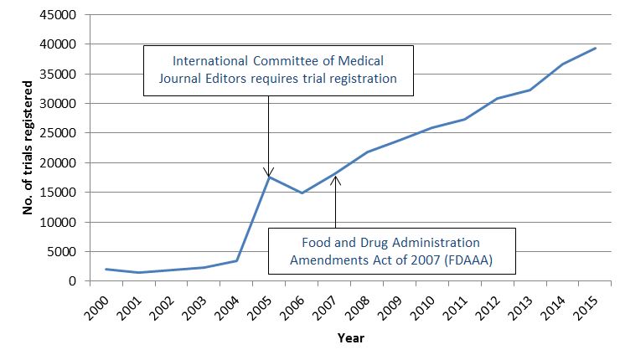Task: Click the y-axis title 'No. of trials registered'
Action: (x=28, y=147)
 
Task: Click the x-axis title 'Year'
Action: (x=350, y=338)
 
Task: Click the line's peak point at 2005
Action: (x=268, y=177)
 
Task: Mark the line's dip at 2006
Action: (x=302, y=193)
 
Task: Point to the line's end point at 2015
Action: (x=595, y=48)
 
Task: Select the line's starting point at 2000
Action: (x=106, y=269)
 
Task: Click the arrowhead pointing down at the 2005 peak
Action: (x=268, y=172)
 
